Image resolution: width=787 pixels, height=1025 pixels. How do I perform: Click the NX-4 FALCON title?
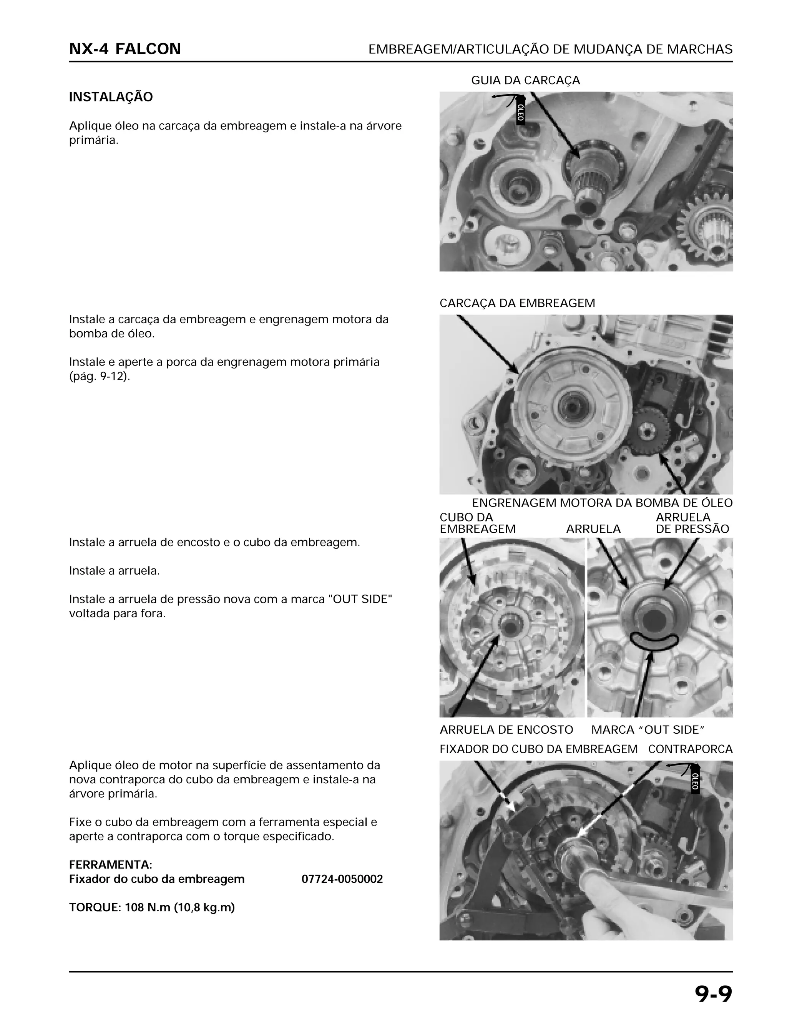tap(125, 49)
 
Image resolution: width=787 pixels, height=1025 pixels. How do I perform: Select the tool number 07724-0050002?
tap(342, 879)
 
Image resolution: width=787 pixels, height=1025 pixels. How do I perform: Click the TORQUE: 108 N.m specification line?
tap(152, 907)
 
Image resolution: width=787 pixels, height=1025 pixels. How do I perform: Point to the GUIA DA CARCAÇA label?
tap(525, 81)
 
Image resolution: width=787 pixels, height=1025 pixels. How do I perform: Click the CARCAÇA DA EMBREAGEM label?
tap(517, 303)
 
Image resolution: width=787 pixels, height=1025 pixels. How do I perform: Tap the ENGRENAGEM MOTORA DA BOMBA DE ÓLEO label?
tap(602, 503)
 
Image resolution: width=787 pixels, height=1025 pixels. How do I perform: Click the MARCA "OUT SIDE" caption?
tap(648, 730)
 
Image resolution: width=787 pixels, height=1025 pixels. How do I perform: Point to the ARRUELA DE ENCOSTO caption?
tap(506, 730)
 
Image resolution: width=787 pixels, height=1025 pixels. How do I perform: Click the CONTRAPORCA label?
tap(690, 749)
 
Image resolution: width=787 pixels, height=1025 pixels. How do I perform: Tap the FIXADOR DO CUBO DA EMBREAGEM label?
tap(538, 749)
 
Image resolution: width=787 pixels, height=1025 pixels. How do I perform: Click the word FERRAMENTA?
tap(111, 864)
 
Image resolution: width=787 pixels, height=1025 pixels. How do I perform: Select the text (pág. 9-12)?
tap(99, 376)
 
